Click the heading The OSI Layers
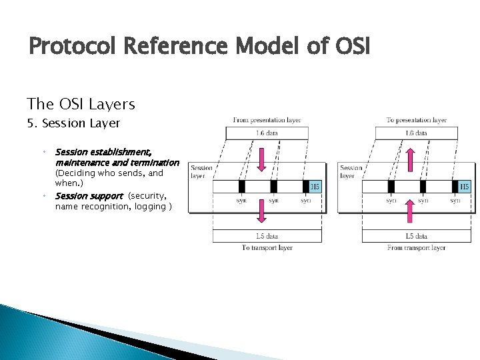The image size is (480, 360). (x=81, y=105)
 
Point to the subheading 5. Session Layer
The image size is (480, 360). (x=73, y=123)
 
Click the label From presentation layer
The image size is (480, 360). (x=267, y=120)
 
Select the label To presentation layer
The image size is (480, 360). (x=416, y=120)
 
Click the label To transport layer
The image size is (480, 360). (x=267, y=247)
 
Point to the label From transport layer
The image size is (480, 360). (x=416, y=247)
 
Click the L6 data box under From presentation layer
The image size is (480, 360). (x=267, y=133)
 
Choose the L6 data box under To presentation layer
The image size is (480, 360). (x=416, y=133)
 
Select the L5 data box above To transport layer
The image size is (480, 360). (x=267, y=235)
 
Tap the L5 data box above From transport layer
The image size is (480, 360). (x=416, y=235)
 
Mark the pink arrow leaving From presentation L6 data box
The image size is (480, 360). (x=261, y=159)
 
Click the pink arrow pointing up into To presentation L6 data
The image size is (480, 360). (x=411, y=160)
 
